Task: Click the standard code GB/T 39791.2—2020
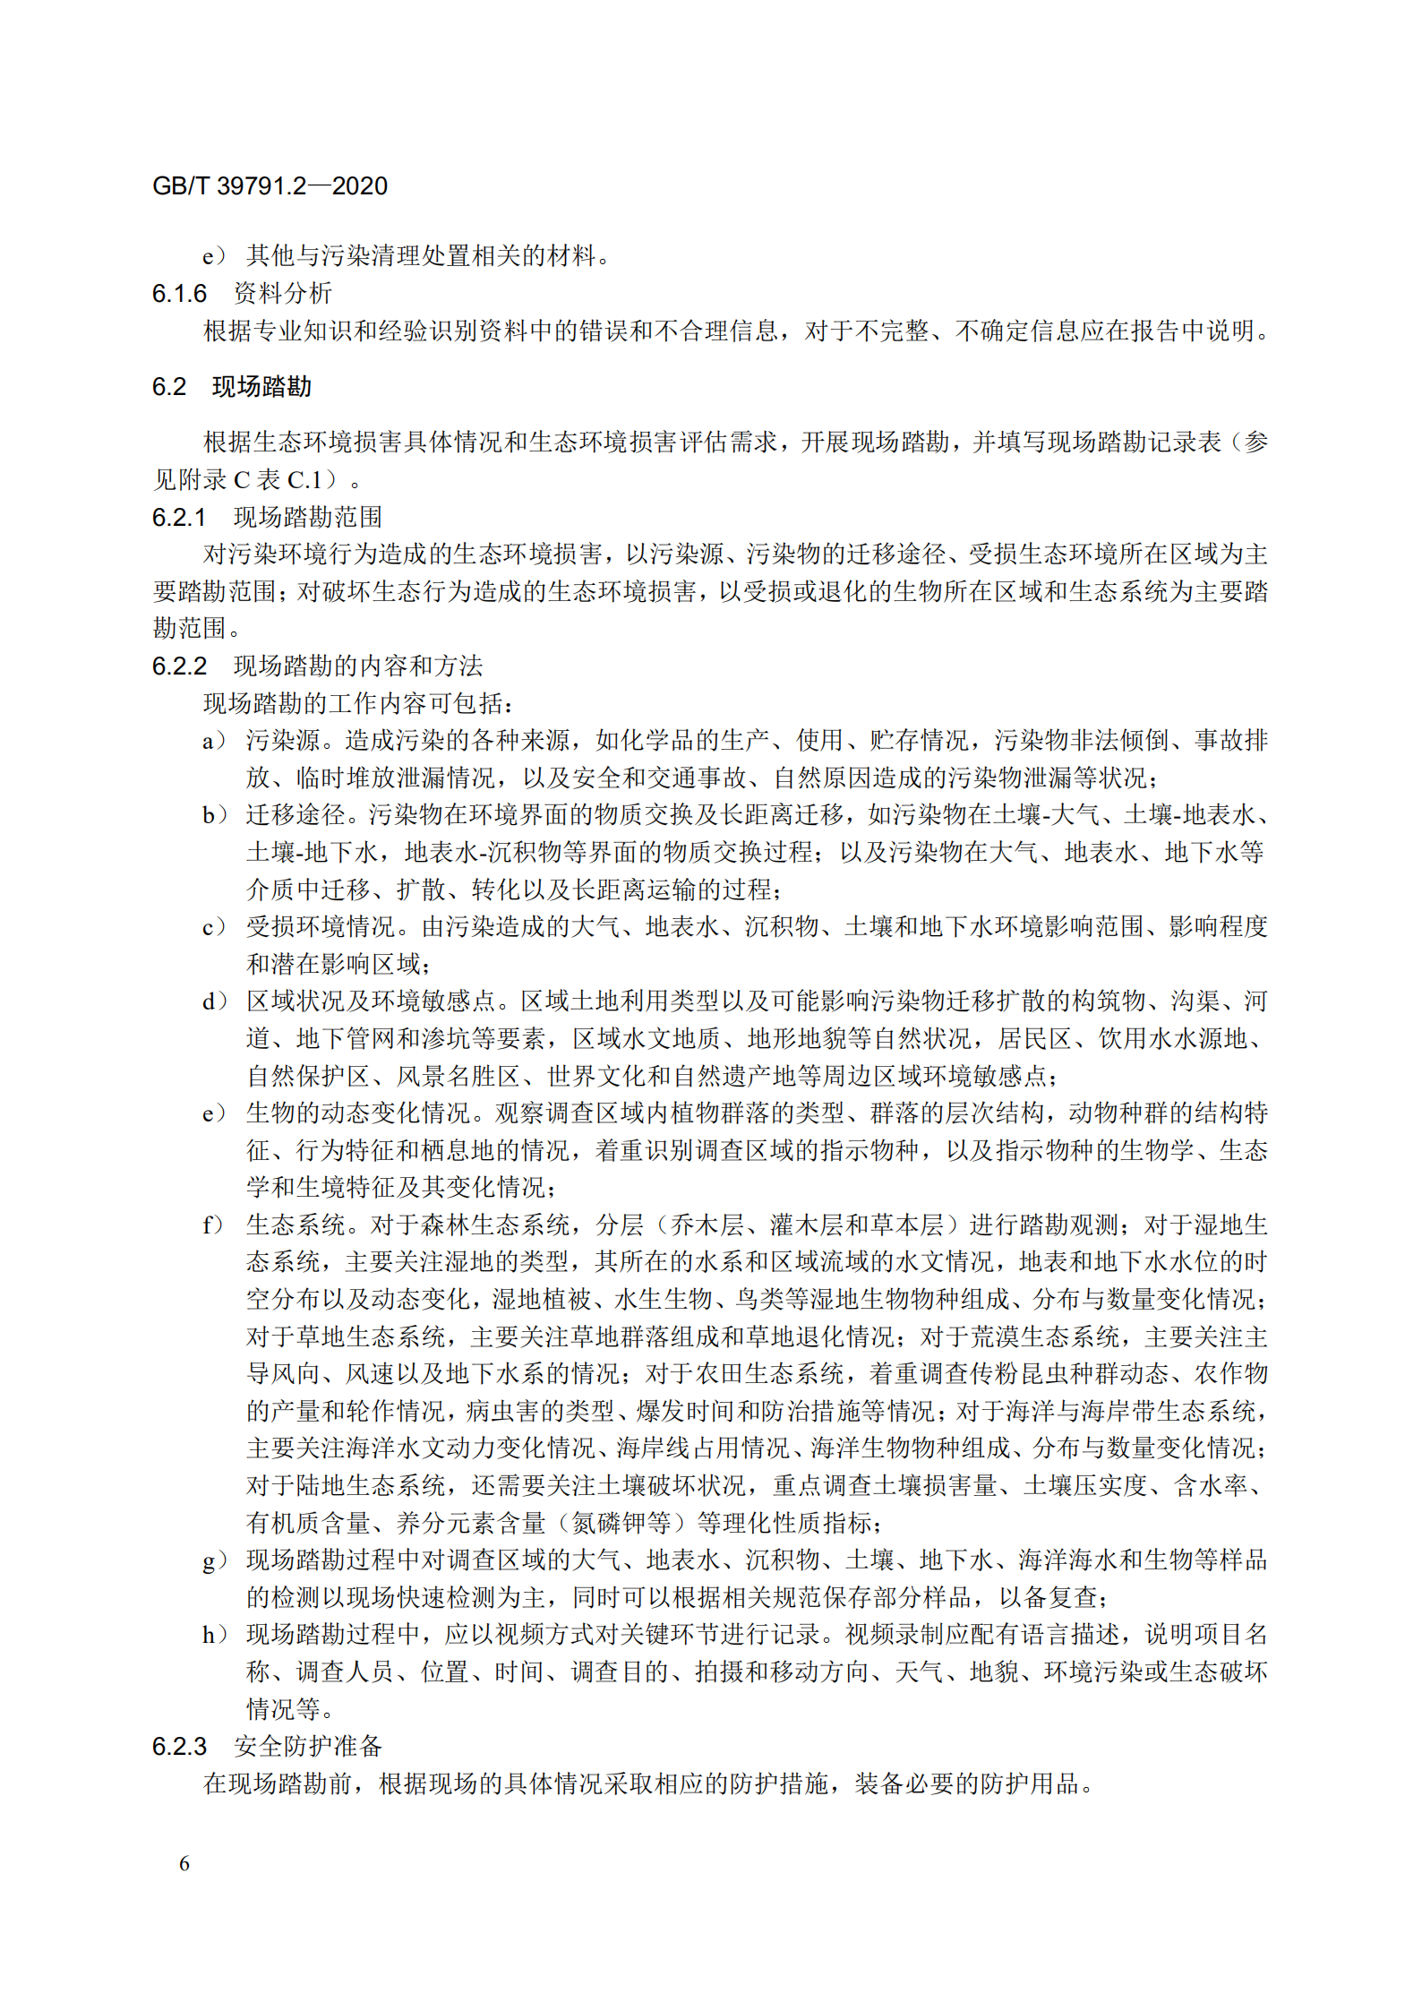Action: point(270,186)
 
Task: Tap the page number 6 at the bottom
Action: point(184,1863)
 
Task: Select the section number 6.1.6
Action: point(179,294)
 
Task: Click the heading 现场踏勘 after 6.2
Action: point(261,387)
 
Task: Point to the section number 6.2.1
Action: point(179,517)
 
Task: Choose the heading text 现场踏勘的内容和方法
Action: point(358,666)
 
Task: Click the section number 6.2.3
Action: point(179,1746)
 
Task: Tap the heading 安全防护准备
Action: point(308,1746)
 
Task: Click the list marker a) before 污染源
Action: point(214,741)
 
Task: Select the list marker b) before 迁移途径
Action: point(214,815)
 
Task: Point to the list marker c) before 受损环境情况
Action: point(214,927)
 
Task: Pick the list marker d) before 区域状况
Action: point(214,1001)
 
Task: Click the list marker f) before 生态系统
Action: point(214,1225)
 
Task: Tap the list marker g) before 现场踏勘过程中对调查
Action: point(214,1560)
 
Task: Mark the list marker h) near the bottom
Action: point(214,1635)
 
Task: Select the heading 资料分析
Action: point(283,294)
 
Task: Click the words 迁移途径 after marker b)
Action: point(296,815)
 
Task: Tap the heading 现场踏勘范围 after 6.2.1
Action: point(308,517)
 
